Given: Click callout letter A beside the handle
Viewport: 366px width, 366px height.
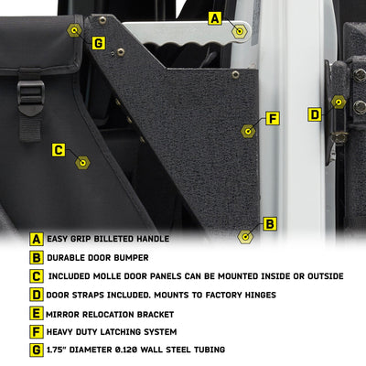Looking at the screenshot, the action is (215, 18).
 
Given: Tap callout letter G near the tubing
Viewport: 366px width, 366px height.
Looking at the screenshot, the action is (98, 43).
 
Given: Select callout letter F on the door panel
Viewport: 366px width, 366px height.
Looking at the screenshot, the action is (273, 119).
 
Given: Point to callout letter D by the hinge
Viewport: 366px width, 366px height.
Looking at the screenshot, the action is (315, 114).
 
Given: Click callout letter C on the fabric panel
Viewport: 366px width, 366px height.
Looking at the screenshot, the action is (59, 150).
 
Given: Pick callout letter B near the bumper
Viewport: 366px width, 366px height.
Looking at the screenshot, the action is (270, 224).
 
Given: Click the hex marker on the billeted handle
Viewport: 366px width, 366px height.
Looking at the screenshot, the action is (240, 31).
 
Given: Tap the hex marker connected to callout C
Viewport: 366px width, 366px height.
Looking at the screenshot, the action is (82, 163).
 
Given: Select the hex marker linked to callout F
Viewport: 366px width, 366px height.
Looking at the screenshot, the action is (248, 131).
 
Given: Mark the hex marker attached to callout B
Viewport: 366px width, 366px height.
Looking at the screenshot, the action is (245, 236).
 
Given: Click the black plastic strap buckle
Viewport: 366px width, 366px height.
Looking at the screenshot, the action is (31, 97).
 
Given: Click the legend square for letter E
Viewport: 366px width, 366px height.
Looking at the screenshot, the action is (37, 314).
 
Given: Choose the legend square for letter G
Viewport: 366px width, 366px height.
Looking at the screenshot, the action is (37, 350).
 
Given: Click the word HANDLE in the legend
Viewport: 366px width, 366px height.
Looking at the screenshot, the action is (153, 239).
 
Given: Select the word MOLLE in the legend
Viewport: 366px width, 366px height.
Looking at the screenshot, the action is (107, 276).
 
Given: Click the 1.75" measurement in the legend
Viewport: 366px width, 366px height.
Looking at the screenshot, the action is (56, 350).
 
